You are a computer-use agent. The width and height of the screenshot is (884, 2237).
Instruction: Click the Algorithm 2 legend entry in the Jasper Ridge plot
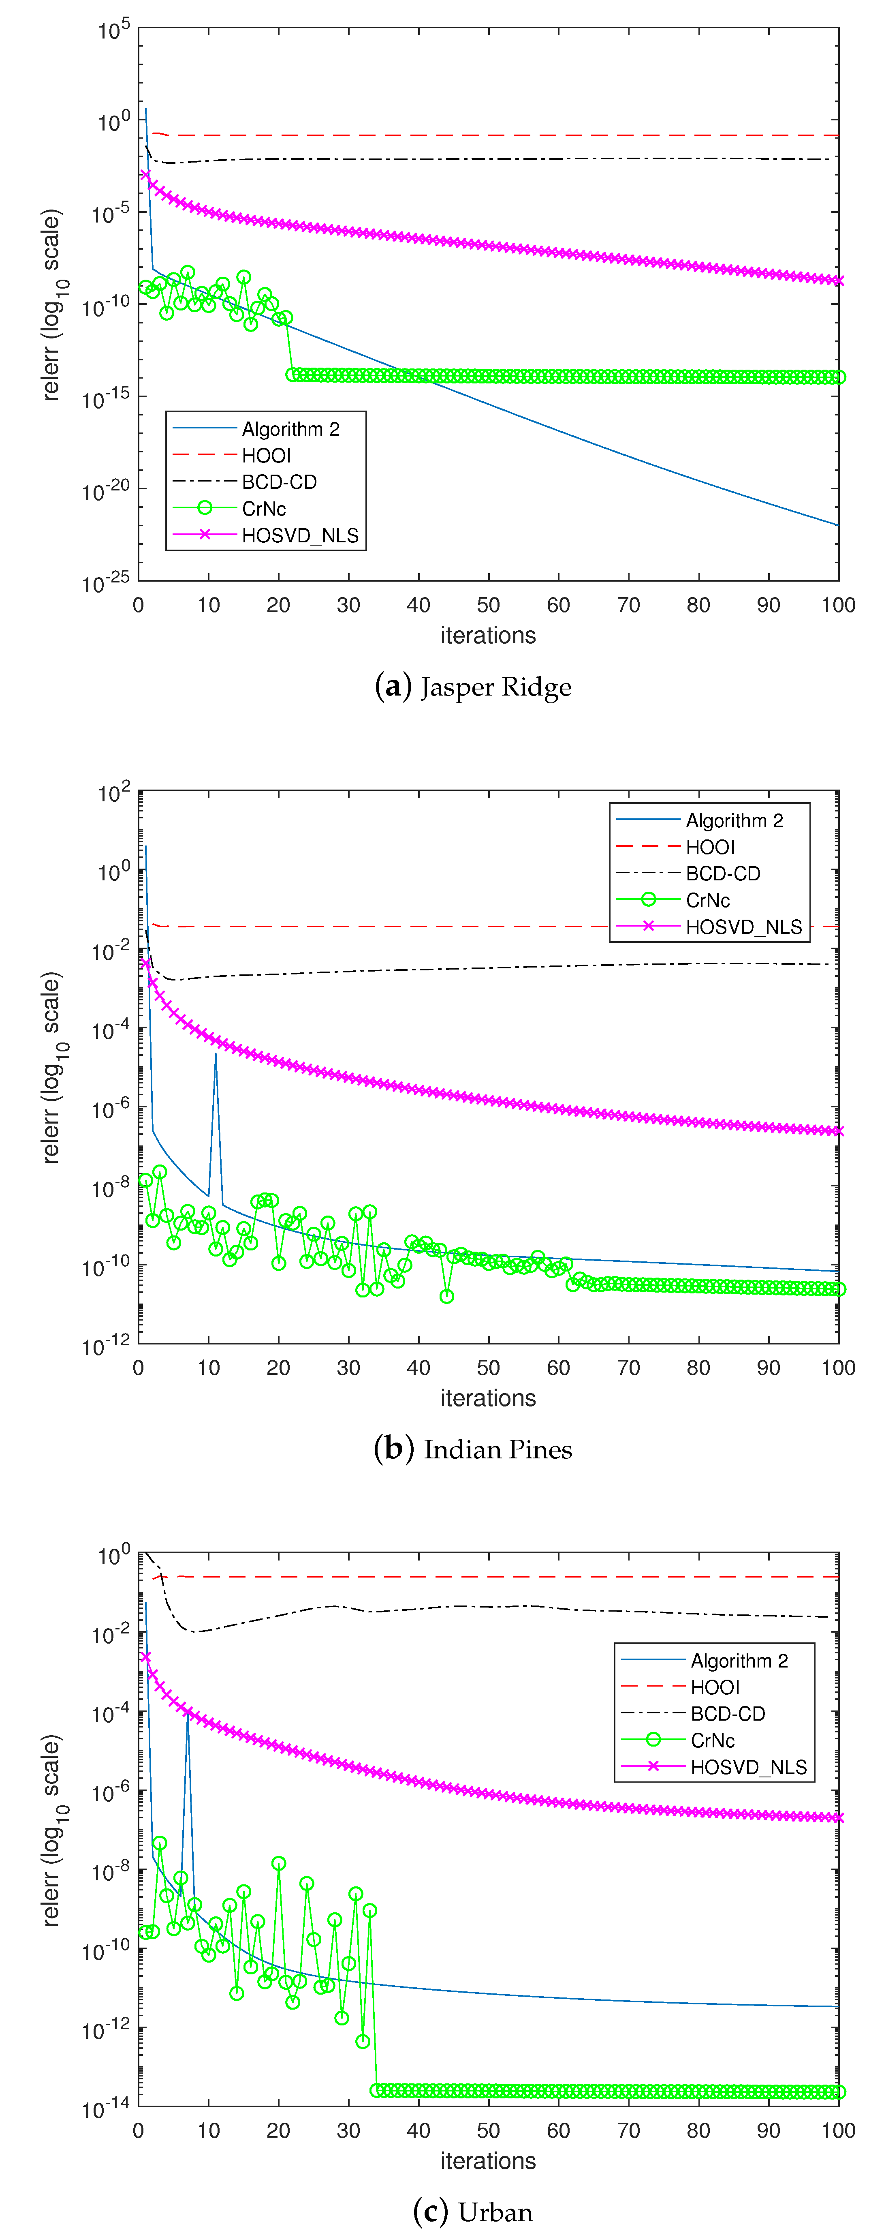point(290,429)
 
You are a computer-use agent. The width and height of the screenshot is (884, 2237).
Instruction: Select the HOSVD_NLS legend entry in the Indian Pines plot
point(743,927)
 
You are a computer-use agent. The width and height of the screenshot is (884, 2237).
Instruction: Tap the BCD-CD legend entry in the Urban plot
point(728,1713)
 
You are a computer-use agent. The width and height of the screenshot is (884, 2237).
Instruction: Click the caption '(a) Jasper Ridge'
point(473,687)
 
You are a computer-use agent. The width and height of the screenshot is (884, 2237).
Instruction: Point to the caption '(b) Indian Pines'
point(473,1449)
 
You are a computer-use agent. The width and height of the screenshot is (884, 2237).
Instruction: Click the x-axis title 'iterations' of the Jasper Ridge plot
point(488,636)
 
